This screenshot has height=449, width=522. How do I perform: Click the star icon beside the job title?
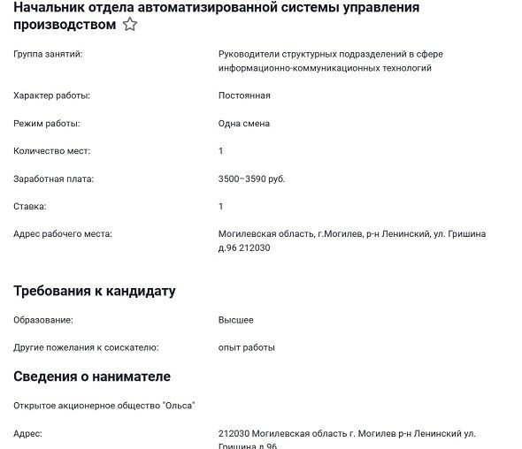click(x=130, y=25)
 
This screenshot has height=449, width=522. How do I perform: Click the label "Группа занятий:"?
click(x=48, y=55)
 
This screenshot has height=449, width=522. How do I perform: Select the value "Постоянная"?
click(x=244, y=95)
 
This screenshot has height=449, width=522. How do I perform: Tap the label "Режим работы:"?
click(x=47, y=123)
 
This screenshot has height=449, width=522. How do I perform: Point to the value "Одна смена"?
click(x=244, y=123)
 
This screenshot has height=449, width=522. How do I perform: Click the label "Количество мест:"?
click(x=52, y=151)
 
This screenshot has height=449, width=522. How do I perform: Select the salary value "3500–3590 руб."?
click(x=252, y=179)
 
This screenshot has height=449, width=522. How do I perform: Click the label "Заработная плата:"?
click(x=54, y=179)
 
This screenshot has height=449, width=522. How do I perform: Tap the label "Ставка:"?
click(x=30, y=206)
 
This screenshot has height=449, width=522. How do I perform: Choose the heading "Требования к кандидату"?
click(x=95, y=291)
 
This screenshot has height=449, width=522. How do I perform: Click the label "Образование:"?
click(x=43, y=320)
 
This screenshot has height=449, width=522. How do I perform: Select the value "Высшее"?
click(x=236, y=320)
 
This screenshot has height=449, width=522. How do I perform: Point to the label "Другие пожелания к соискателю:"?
click(x=86, y=347)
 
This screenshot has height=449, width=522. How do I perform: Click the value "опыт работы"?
click(x=247, y=347)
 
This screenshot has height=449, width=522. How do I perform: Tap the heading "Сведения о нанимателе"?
click(x=92, y=377)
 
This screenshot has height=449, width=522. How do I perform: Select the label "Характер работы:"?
click(x=52, y=95)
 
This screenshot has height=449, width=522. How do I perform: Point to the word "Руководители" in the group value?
click(x=249, y=55)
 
